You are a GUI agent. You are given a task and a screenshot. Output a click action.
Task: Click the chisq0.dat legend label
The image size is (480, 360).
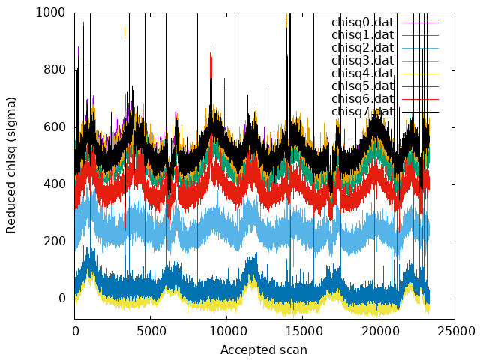point(362,22)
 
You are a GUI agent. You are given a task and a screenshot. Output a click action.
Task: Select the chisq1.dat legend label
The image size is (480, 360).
point(362,35)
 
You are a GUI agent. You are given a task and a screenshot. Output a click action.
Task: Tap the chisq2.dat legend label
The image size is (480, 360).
point(362,48)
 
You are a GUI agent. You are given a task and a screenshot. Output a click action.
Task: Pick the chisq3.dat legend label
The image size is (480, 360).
point(362,61)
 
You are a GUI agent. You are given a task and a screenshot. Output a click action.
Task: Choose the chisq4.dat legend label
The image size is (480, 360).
point(362,73)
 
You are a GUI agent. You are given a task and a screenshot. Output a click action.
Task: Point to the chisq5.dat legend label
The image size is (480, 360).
point(362,86)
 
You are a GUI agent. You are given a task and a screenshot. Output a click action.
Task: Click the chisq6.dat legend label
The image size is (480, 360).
point(362,99)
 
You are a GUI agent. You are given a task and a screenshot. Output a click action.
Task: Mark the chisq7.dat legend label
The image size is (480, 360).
point(362,112)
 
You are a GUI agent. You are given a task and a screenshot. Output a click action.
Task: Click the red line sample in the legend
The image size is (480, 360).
point(420,99)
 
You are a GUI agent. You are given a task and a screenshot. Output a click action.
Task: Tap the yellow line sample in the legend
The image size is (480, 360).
point(420,73)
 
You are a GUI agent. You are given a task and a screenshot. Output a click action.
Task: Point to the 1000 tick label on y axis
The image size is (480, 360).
point(50,13)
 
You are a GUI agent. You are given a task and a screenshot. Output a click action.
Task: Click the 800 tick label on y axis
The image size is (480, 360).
point(54,70)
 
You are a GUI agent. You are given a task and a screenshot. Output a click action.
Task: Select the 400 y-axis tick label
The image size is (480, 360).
point(54,184)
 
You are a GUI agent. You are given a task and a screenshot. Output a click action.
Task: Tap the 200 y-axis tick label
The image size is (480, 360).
point(54,241)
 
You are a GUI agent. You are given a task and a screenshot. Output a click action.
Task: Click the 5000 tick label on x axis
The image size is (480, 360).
point(151,331)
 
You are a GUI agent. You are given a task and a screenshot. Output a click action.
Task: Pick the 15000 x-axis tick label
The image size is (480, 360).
point(303,331)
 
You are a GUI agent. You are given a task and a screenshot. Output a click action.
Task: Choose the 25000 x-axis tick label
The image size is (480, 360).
point(455,331)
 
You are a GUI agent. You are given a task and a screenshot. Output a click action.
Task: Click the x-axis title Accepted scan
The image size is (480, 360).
point(264,349)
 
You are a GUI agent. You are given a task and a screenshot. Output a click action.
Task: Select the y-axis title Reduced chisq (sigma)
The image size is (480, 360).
point(10,165)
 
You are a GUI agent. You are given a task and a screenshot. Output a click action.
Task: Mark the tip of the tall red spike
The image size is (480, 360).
point(211,46)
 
